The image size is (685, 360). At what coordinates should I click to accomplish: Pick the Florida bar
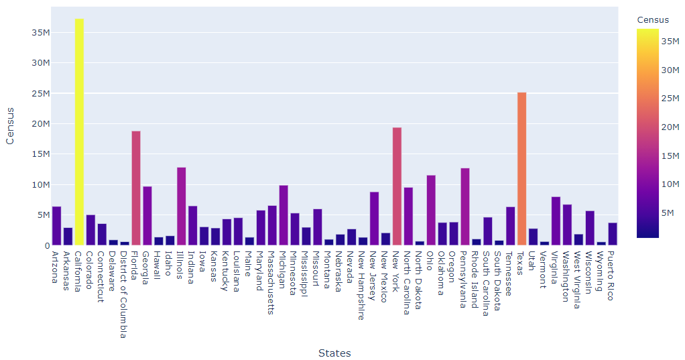(136, 188)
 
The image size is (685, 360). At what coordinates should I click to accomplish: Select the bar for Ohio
(431, 211)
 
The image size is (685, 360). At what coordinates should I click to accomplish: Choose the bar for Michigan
(284, 215)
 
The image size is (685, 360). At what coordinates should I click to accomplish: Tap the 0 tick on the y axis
(45, 246)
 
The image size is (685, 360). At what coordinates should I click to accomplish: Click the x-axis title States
(334, 353)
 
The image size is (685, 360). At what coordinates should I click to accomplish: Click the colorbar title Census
(652, 19)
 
